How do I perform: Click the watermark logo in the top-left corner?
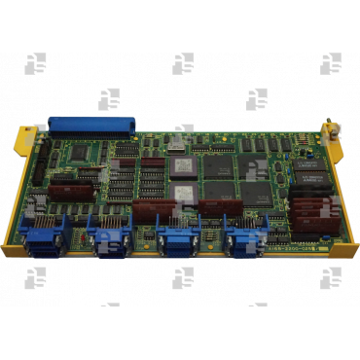click(x=35, y=64)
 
